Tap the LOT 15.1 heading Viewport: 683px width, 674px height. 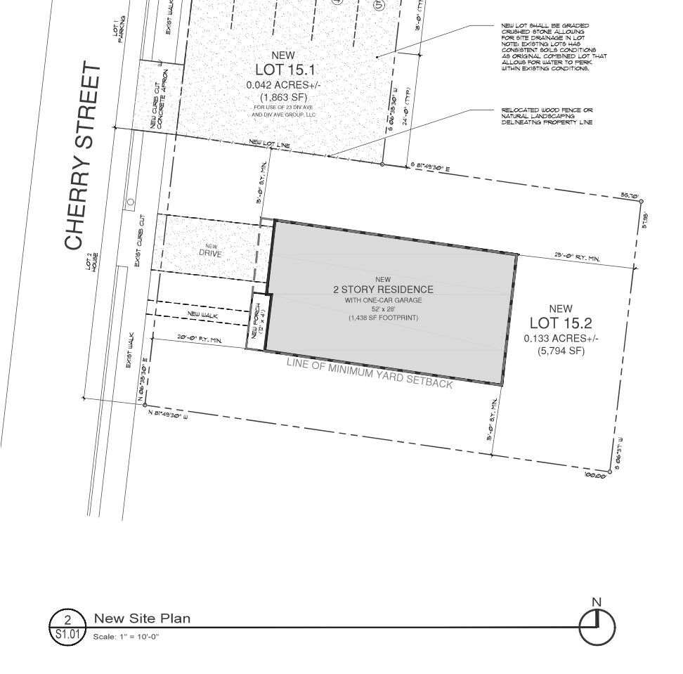click(x=280, y=70)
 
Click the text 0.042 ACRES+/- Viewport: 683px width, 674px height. click(x=280, y=84)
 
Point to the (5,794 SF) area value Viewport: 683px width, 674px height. click(x=561, y=351)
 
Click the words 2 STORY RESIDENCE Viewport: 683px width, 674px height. click(x=383, y=290)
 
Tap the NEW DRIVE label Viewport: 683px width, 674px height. click(x=211, y=250)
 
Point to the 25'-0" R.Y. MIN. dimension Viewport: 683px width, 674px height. click(x=578, y=259)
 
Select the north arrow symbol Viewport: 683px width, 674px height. click(x=597, y=623)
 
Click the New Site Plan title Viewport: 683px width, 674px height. click(x=142, y=618)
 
